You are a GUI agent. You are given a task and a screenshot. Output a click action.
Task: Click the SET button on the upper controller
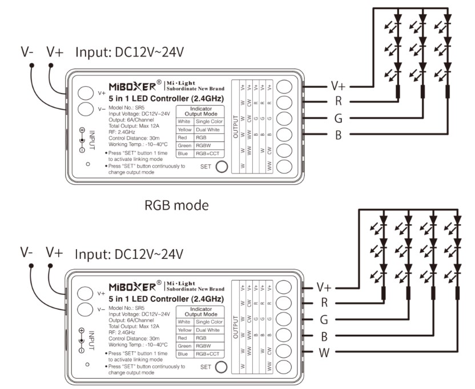coord(220,167)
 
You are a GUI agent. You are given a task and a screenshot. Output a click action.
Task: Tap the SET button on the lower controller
coord(220,367)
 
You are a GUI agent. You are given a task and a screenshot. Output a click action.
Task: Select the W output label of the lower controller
coord(324,352)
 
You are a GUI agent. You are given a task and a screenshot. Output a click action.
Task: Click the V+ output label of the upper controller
coord(339,87)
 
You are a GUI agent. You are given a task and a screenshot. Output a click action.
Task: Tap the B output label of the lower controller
coord(324,335)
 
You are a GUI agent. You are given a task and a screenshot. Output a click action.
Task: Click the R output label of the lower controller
coord(324,303)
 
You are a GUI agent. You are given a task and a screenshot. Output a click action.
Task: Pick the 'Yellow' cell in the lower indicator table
coord(184,330)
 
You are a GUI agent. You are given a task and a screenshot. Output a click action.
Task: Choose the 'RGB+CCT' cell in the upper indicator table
coord(207,154)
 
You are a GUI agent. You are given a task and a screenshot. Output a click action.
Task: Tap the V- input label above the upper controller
coord(27,52)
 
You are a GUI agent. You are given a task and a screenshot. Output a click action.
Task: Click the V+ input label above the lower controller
coord(55,252)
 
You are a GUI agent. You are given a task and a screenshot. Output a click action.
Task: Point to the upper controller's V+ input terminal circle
coord(86,92)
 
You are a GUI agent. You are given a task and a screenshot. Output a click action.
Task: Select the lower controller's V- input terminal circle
coord(86,310)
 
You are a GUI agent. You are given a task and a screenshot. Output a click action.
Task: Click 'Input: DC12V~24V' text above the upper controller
coord(130,52)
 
